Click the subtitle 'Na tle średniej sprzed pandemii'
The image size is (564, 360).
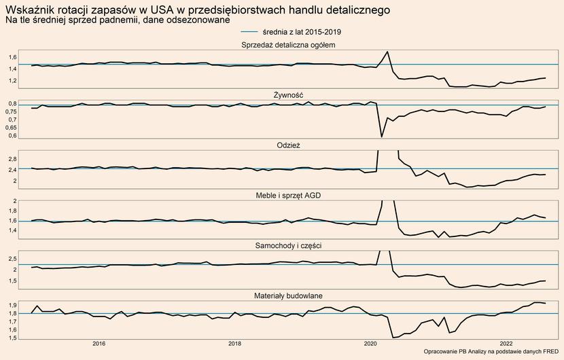[x=116, y=21]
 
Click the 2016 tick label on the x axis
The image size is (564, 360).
[x=99, y=344]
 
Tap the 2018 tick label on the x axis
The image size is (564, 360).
[x=234, y=344]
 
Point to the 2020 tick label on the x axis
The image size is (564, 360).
[x=370, y=344]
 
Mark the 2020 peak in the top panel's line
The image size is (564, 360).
[x=387, y=52]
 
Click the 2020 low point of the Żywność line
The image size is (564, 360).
[x=382, y=137]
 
